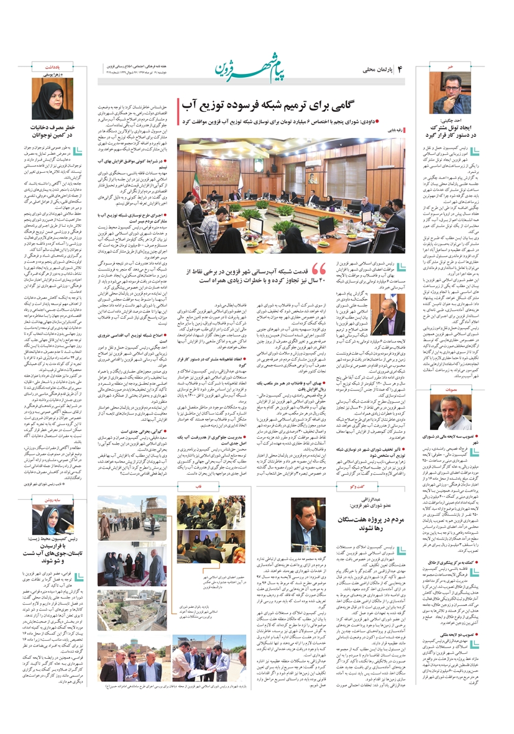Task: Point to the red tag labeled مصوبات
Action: [x=451, y=371]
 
